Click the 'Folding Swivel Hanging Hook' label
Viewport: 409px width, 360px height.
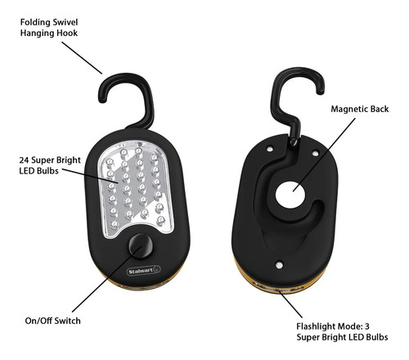[49, 28]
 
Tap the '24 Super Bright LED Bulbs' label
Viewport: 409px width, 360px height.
[50, 165]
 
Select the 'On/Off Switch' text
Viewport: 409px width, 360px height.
[52, 321]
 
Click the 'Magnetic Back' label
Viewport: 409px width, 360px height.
[360, 109]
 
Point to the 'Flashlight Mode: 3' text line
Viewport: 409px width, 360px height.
[333, 326]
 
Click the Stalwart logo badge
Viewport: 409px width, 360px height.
[144, 271]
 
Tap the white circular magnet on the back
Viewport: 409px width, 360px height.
[290, 195]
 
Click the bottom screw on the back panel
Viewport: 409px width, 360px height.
[279, 264]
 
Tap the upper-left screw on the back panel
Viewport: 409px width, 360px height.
[270, 149]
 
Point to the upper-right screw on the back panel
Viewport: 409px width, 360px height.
[315, 153]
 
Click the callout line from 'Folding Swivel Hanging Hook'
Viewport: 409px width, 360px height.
[82, 58]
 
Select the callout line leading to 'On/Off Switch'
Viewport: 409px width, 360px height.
[107, 278]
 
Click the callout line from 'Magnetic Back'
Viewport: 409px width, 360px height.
[324, 155]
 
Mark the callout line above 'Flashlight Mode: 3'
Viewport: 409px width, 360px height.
[290, 304]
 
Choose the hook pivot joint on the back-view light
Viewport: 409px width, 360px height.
[294, 142]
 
